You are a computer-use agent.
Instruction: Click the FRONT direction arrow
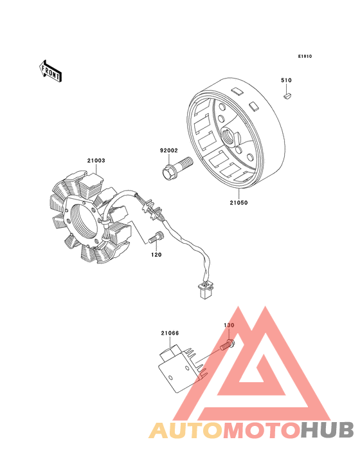pos(50,71)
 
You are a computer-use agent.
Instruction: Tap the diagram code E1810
pos(305,57)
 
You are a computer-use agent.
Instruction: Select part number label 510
pos(286,80)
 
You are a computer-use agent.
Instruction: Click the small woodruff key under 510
pos(288,96)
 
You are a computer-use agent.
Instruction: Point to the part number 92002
pos(169,151)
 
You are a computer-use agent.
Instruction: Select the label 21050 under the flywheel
pos(239,203)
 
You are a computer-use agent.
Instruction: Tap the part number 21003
pos(96,161)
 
